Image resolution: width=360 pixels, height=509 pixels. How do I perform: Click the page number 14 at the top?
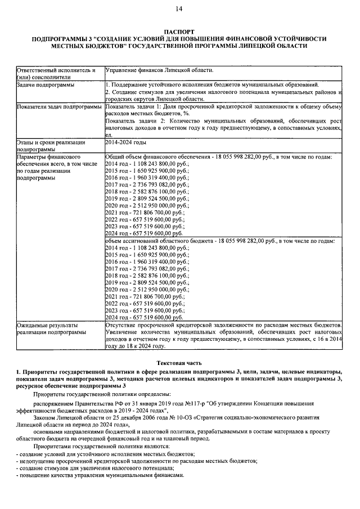pos(179,8)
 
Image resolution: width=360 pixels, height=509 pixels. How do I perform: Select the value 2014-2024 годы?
pos(125,143)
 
